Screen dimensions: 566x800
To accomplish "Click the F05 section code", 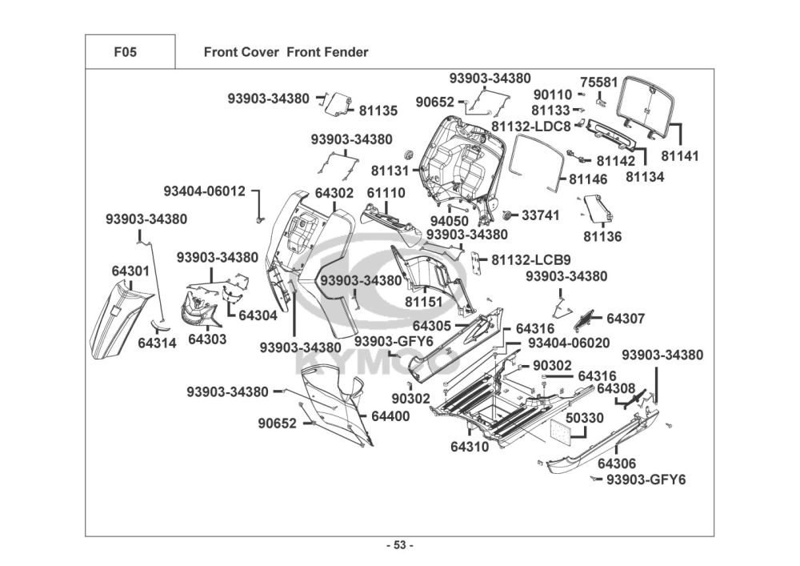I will pyautogui.click(x=126, y=52).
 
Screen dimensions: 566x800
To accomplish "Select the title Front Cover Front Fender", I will pyautogui.click(x=286, y=52).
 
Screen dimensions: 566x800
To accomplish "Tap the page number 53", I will pyautogui.click(x=399, y=546).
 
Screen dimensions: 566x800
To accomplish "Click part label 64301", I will pyautogui.click(x=130, y=272).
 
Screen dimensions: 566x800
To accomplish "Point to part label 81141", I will pyautogui.click(x=678, y=156).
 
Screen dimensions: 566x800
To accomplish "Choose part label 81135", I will pyautogui.click(x=378, y=110).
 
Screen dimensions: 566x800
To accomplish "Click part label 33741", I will pyautogui.click(x=541, y=215).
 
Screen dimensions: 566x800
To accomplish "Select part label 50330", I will pyautogui.click(x=585, y=417).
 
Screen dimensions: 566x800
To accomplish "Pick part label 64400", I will pyautogui.click(x=390, y=416).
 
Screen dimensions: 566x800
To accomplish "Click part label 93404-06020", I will pyautogui.click(x=569, y=343).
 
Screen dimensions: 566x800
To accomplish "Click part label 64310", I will pyautogui.click(x=469, y=447).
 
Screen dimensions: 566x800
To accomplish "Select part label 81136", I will pyautogui.click(x=602, y=236).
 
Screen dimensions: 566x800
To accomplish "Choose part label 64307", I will pyautogui.click(x=625, y=318).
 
